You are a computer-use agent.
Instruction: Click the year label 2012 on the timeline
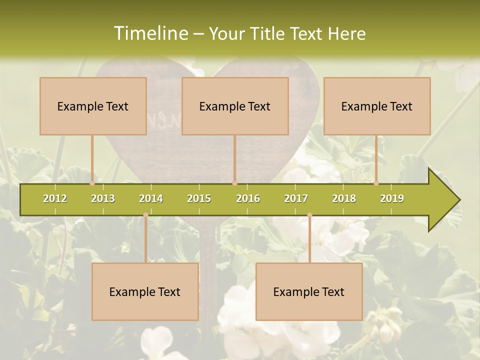click(x=55, y=198)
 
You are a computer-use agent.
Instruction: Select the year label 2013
click(x=103, y=198)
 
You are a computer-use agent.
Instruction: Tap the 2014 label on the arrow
click(x=151, y=198)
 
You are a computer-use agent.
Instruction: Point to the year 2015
click(x=199, y=198)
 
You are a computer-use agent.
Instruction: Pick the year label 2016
click(x=248, y=198)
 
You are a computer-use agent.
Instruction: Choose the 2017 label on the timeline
click(x=296, y=198)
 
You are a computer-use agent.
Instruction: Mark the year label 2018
click(x=344, y=198)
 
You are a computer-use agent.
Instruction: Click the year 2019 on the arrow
click(x=392, y=198)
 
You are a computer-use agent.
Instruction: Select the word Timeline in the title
click(x=150, y=33)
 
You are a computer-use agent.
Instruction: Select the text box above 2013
click(x=93, y=106)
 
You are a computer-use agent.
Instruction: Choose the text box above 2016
click(x=235, y=106)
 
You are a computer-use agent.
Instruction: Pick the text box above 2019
click(x=377, y=106)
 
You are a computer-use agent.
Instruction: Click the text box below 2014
click(x=145, y=291)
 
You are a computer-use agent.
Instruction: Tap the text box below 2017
click(x=309, y=291)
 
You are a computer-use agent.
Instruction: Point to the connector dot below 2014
click(x=145, y=215)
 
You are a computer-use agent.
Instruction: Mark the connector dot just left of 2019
click(x=376, y=183)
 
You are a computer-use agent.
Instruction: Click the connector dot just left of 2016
click(x=234, y=183)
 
